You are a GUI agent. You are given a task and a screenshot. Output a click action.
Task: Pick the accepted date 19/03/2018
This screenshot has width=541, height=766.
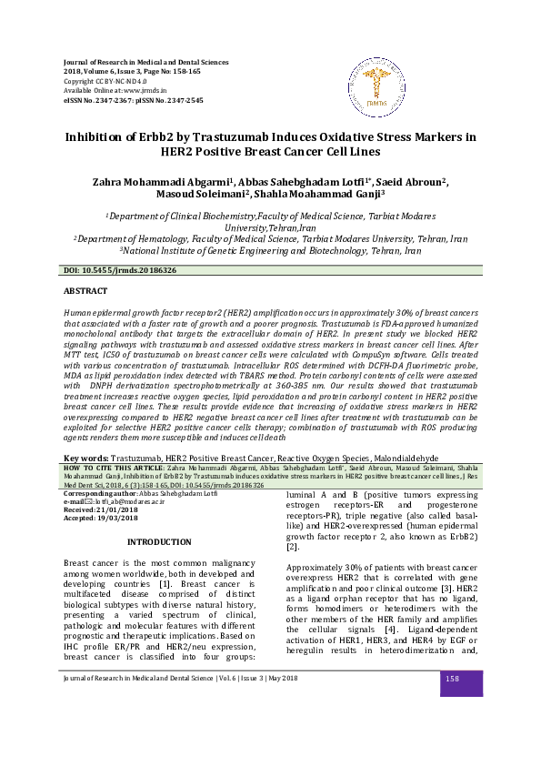112,518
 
